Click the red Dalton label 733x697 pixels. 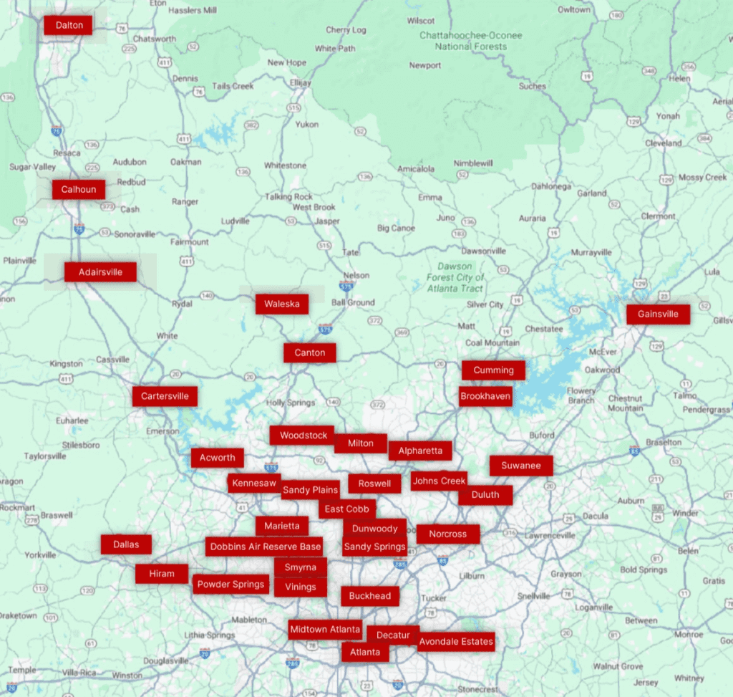[x=69, y=26]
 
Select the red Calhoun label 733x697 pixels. [x=78, y=190]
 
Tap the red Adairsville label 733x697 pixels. [x=100, y=272]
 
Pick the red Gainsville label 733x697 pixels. [x=658, y=314]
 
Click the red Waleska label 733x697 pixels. [x=282, y=304]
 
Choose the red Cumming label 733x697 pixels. [x=493, y=370]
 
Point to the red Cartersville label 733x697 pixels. [x=165, y=396]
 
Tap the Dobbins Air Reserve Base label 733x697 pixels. [x=265, y=547]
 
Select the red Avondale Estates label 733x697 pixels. [x=456, y=641]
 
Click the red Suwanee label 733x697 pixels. [x=521, y=466]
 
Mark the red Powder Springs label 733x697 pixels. [x=231, y=585]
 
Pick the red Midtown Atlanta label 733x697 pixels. [x=325, y=630]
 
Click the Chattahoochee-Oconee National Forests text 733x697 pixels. [x=471, y=41]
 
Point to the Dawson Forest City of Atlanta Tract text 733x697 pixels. [x=455, y=277]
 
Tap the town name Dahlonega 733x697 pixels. [x=551, y=186]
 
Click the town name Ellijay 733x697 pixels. [x=301, y=83]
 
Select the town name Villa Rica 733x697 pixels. [x=79, y=673]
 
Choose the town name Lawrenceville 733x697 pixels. [x=550, y=535]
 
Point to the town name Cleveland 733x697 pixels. [x=663, y=143]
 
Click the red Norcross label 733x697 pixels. [x=447, y=534]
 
